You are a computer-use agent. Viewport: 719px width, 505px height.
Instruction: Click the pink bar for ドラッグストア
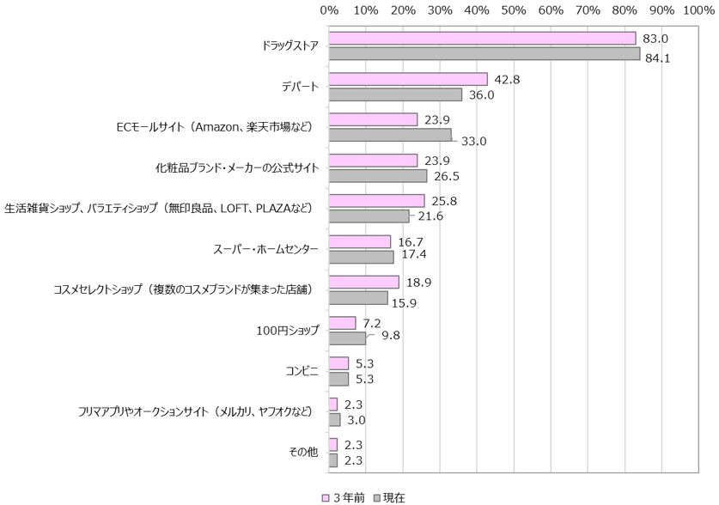pos(482,39)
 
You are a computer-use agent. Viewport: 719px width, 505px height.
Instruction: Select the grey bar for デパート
pos(395,94)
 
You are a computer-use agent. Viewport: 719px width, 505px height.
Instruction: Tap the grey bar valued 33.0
pos(390,135)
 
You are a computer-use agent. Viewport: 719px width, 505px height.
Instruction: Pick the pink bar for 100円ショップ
pos(342,323)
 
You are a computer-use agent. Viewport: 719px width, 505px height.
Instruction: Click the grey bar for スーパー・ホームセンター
pos(361,257)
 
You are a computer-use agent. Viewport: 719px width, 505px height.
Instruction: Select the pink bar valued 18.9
pos(364,282)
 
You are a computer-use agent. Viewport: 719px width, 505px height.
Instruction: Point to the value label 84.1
pos(659,58)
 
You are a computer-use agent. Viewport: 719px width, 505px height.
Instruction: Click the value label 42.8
pos(507,80)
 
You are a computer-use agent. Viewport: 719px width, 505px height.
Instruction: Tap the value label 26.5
pos(447,177)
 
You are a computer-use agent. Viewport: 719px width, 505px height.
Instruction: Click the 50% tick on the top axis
pos(514,10)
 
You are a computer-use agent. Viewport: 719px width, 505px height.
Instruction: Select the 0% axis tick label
pos(329,10)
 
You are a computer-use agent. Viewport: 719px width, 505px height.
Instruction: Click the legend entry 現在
pos(388,497)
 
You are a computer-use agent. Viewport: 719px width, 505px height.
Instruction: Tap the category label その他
pos(304,453)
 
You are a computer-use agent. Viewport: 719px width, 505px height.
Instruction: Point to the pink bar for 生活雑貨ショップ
pos(376,201)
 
